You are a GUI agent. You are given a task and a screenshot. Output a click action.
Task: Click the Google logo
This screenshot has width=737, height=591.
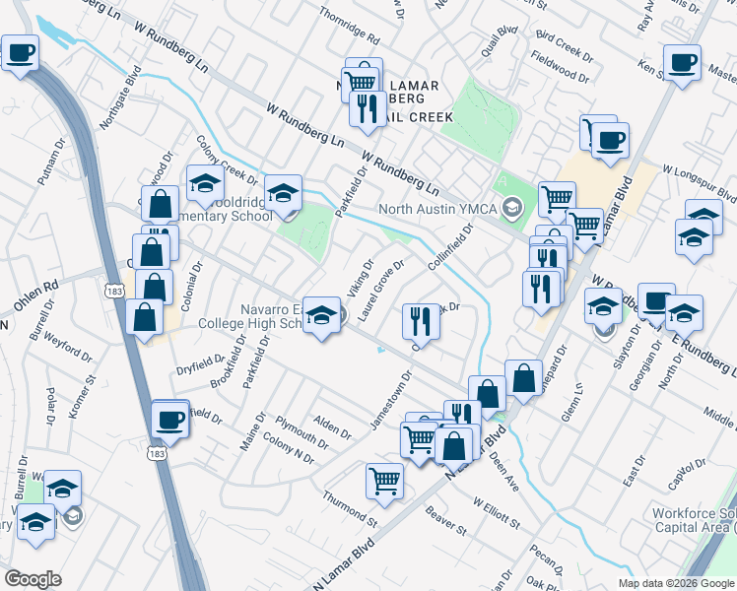33,579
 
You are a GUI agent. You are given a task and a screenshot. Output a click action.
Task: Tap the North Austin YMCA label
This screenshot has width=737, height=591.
440,209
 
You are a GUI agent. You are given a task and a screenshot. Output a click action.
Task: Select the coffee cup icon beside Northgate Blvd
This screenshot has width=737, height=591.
21,54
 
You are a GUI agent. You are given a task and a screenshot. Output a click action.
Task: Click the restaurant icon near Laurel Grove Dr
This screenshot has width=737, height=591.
420,320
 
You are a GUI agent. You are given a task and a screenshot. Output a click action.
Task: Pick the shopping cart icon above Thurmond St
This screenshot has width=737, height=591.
384,482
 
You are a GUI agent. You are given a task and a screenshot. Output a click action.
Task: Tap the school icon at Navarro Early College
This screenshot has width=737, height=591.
321,316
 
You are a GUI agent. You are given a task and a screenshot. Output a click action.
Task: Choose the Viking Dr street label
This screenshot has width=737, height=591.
362,279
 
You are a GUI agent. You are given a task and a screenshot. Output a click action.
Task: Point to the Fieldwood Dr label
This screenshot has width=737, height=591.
561,67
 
